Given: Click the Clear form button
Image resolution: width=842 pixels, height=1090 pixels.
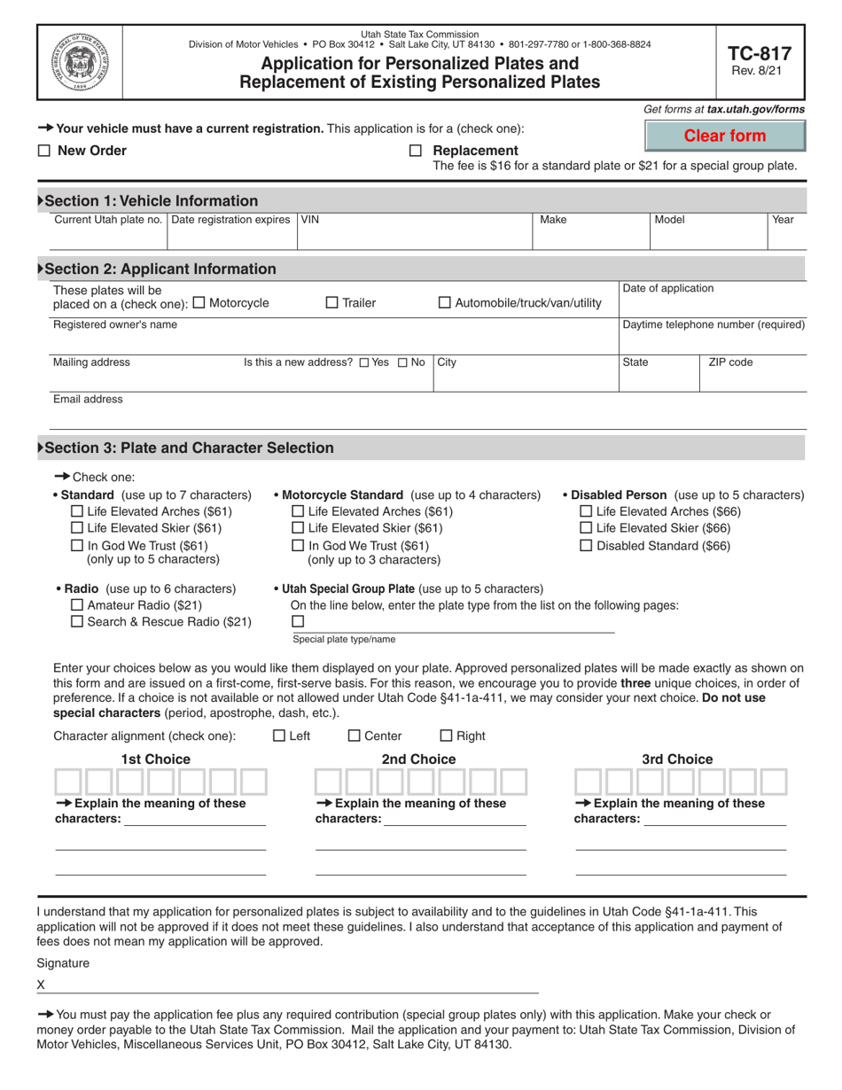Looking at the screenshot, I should [x=725, y=136].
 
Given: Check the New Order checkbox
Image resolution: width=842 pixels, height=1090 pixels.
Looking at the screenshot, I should [x=44, y=152].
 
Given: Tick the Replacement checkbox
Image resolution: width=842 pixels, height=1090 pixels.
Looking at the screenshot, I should [x=416, y=152].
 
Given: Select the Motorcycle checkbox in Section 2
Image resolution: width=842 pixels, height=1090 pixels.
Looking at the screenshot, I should [x=199, y=303].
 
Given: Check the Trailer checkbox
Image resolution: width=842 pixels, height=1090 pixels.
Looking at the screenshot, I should [x=332, y=303].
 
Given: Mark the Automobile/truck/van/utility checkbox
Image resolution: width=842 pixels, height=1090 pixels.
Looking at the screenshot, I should [x=445, y=303].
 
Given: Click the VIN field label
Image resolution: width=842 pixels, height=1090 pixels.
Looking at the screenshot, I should [x=309, y=220].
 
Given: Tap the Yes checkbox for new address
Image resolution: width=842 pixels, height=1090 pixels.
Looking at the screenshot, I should [x=364, y=362].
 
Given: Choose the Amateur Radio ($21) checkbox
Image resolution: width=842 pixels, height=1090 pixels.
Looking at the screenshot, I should [x=76, y=605].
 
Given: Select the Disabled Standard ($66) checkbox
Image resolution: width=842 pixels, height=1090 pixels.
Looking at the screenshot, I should [x=586, y=546].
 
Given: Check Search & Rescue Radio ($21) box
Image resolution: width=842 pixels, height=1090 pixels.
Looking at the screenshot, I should [x=76, y=622].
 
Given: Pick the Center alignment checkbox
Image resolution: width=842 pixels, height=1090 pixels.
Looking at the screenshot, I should [x=354, y=736].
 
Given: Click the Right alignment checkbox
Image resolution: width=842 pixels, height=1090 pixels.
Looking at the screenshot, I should [x=446, y=736].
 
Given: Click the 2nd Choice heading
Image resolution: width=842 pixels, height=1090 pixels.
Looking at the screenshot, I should [x=418, y=759].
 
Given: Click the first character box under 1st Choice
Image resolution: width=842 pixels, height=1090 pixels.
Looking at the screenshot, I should [x=68, y=782].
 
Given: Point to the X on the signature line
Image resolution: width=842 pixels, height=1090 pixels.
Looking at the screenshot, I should [x=41, y=985].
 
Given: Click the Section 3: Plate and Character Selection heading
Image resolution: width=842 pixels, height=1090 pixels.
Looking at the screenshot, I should [x=189, y=448].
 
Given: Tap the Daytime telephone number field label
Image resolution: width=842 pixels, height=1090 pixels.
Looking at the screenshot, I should [x=713, y=324].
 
